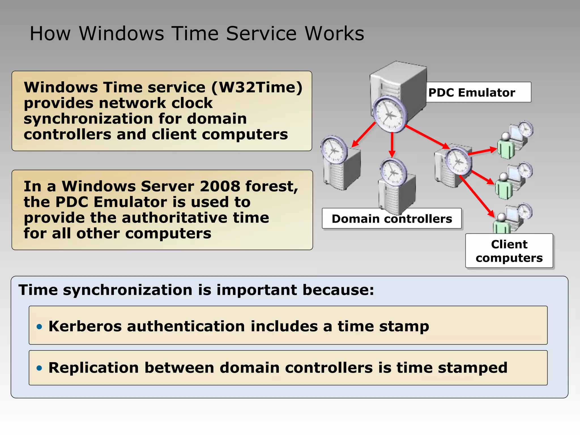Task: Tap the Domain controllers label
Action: [392, 219]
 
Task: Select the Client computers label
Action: [509, 251]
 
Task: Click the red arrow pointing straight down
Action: [392, 144]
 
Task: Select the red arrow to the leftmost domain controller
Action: [364, 135]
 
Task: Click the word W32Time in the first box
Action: [257, 87]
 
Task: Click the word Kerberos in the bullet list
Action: [85, 326]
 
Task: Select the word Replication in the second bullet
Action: [93, 368]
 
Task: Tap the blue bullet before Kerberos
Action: [39, 327]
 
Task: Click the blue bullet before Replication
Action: [39, 368]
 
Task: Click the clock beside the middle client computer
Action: [525, 171]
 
